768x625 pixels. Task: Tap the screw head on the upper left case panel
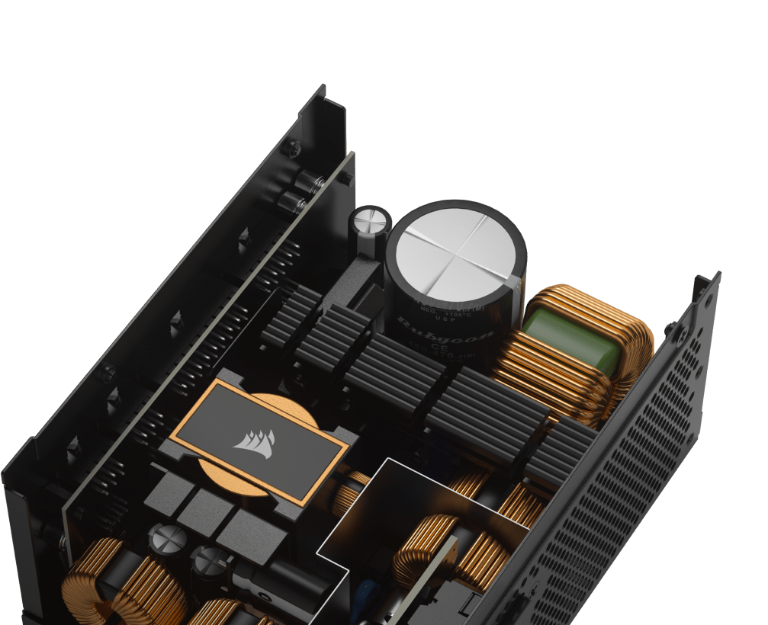coord(290,147)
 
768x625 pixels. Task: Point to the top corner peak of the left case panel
coord(320,90)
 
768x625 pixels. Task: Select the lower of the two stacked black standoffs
coord(293,201)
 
